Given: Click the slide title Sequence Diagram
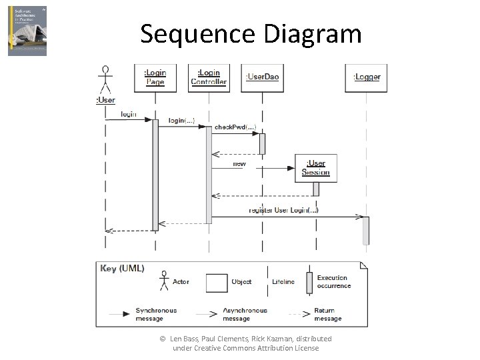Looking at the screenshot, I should coord(251,33).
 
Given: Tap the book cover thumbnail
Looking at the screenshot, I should coord(27,31).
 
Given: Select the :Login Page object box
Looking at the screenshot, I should coord(155,77).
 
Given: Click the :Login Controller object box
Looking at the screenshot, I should coord(209,77).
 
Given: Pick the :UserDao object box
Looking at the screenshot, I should coord(262,77).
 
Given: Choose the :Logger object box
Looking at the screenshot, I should coord(366,77).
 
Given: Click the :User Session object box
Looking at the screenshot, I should coord(315,168).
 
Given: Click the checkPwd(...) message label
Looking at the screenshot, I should coord(235,127).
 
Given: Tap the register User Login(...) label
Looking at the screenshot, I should coord(284,210).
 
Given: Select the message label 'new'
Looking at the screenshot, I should coord(239,163).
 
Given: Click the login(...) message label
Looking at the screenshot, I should coord(181,120).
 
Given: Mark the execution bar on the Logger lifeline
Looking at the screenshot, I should coord(365,230).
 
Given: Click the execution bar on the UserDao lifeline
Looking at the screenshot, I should coord(262,143).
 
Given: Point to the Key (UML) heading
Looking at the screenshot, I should coord(122,269).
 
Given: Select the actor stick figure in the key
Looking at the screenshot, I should coord(163,281).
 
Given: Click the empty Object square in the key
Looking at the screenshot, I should coord(217,282).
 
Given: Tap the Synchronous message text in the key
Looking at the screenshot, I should coord(156,314).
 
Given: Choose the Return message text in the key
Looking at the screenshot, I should coord(327,314).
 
